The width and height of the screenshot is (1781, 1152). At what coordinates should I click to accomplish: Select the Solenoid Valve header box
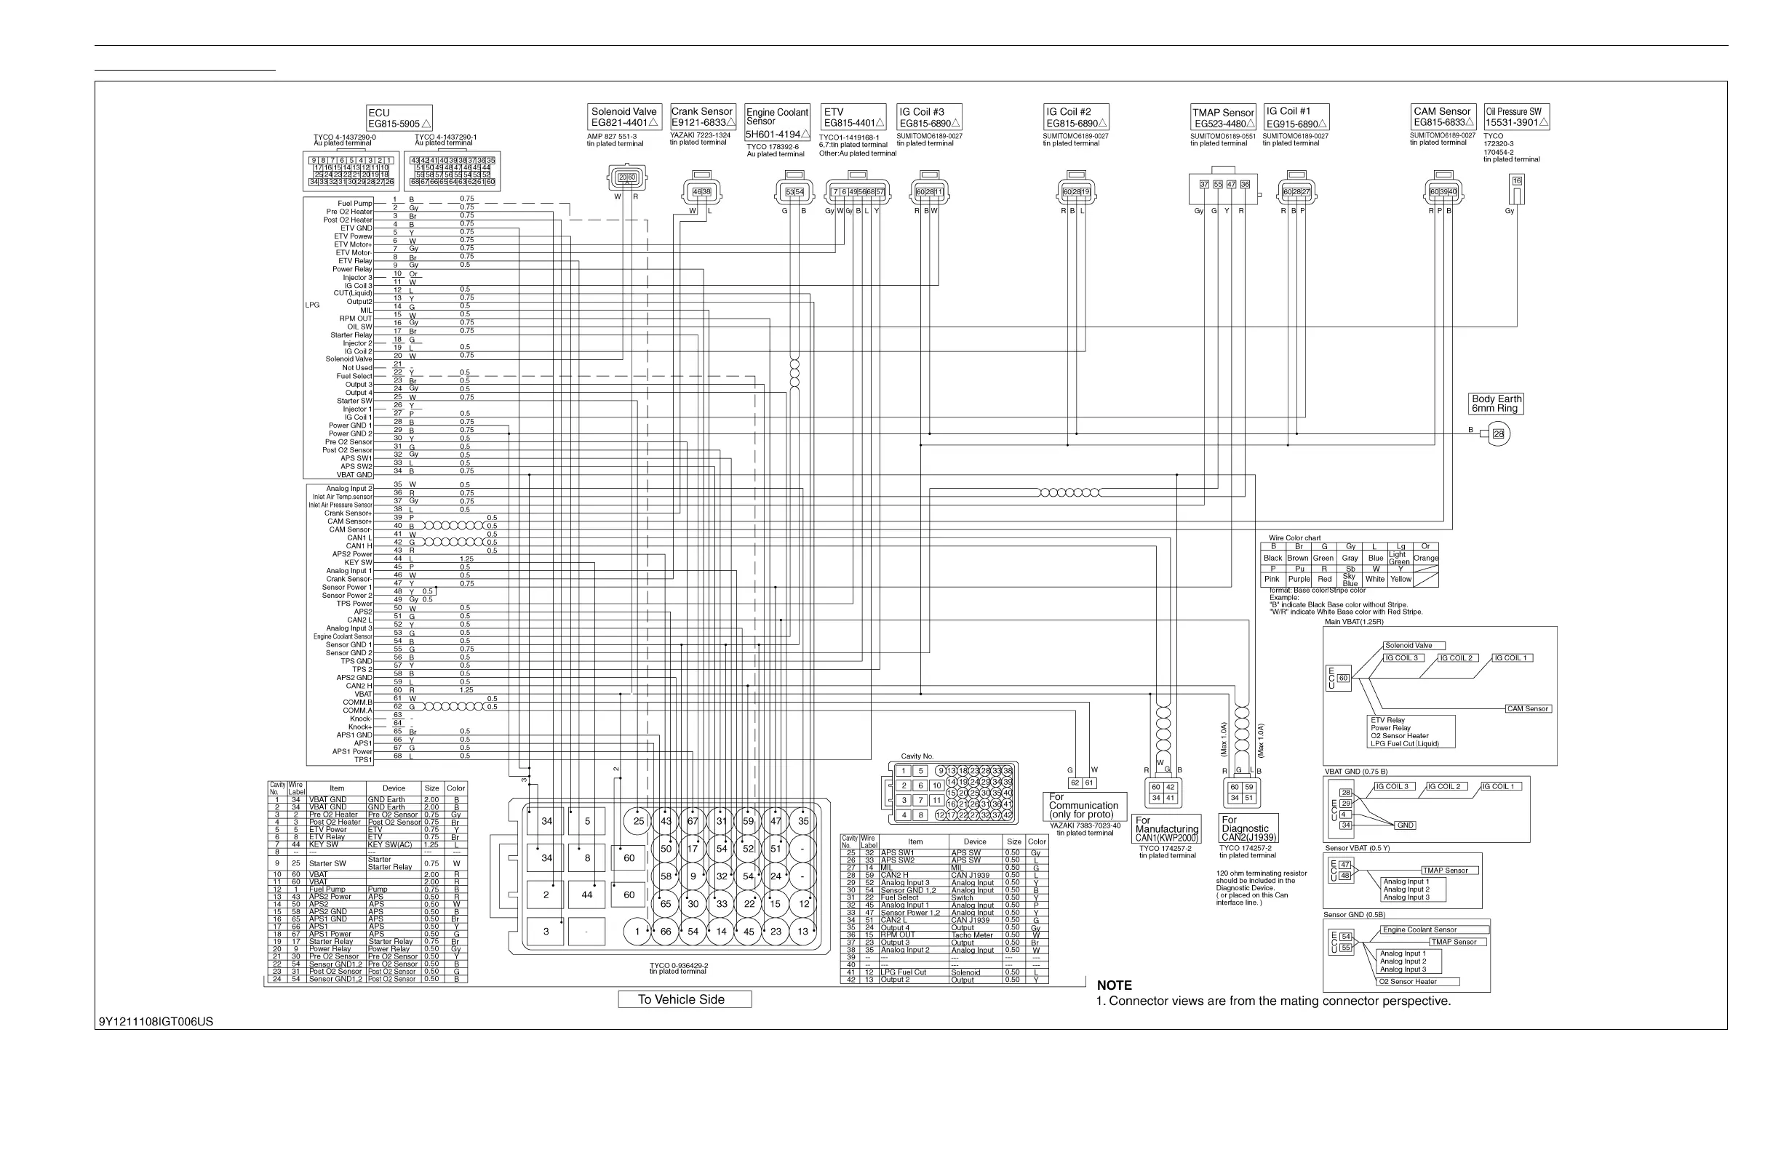625,116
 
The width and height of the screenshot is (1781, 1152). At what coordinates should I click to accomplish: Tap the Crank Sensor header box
703,116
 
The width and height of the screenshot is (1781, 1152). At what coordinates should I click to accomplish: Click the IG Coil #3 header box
928,117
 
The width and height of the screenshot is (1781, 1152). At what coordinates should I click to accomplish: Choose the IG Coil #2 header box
1075,117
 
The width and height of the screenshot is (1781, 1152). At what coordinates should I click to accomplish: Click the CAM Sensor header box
1443,116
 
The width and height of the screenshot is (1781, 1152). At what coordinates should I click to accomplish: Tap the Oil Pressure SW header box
1516,116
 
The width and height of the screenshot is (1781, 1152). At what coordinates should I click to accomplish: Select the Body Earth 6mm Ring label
1496,404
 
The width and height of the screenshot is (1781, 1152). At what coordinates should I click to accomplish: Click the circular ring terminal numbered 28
1498,434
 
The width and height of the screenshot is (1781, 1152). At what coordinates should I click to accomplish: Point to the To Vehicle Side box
684,999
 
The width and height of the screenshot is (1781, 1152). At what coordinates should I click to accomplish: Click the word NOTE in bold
1115,985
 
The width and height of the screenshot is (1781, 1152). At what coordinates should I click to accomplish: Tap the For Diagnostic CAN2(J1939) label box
1248,829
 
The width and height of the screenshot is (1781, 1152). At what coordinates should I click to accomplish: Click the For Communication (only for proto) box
1084,806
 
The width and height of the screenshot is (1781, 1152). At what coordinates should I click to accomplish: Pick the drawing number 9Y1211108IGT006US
156,1022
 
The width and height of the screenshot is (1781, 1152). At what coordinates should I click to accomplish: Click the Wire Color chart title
1294,538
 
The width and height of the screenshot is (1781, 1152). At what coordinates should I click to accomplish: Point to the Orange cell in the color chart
1425,558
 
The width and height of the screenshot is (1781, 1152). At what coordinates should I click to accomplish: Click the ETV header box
853,117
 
